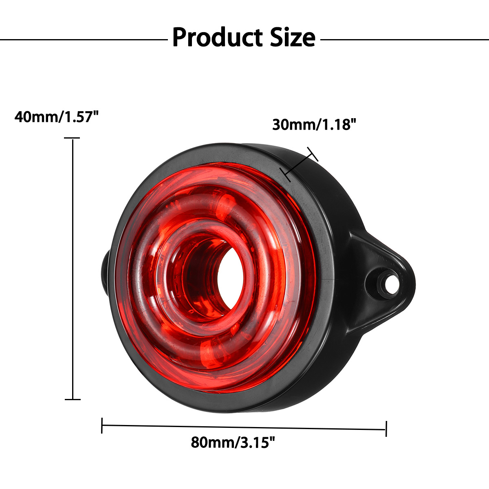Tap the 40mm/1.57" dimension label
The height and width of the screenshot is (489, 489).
(x=57, y=117)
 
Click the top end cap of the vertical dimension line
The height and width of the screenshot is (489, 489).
(x=73, y=139)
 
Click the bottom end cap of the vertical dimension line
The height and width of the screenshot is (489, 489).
(x=73, y=399)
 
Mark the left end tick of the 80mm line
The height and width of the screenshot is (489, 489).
(x=102, y=425)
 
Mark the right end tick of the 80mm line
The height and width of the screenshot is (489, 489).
(x=385, y=429)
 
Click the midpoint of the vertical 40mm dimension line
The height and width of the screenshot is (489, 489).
(x=73, y=269)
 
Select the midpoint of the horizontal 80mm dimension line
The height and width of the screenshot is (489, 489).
(x=244, y=427)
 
